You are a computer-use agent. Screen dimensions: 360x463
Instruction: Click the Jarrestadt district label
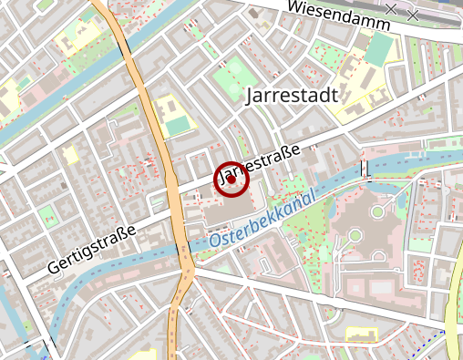click(x=293, y=94)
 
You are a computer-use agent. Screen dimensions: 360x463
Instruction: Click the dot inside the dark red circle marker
click(x=231, y=180)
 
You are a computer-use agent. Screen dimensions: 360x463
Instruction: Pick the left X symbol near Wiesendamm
click(x=391, y=9)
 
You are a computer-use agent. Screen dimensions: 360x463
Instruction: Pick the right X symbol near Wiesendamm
click(x=413, y=15)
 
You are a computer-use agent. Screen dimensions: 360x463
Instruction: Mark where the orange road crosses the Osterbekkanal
click(x=185, y=248)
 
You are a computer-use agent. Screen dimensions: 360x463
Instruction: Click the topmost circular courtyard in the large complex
click(x=376, y=212)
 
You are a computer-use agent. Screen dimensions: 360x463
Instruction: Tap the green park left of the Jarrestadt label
click(x=235, y=71)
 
